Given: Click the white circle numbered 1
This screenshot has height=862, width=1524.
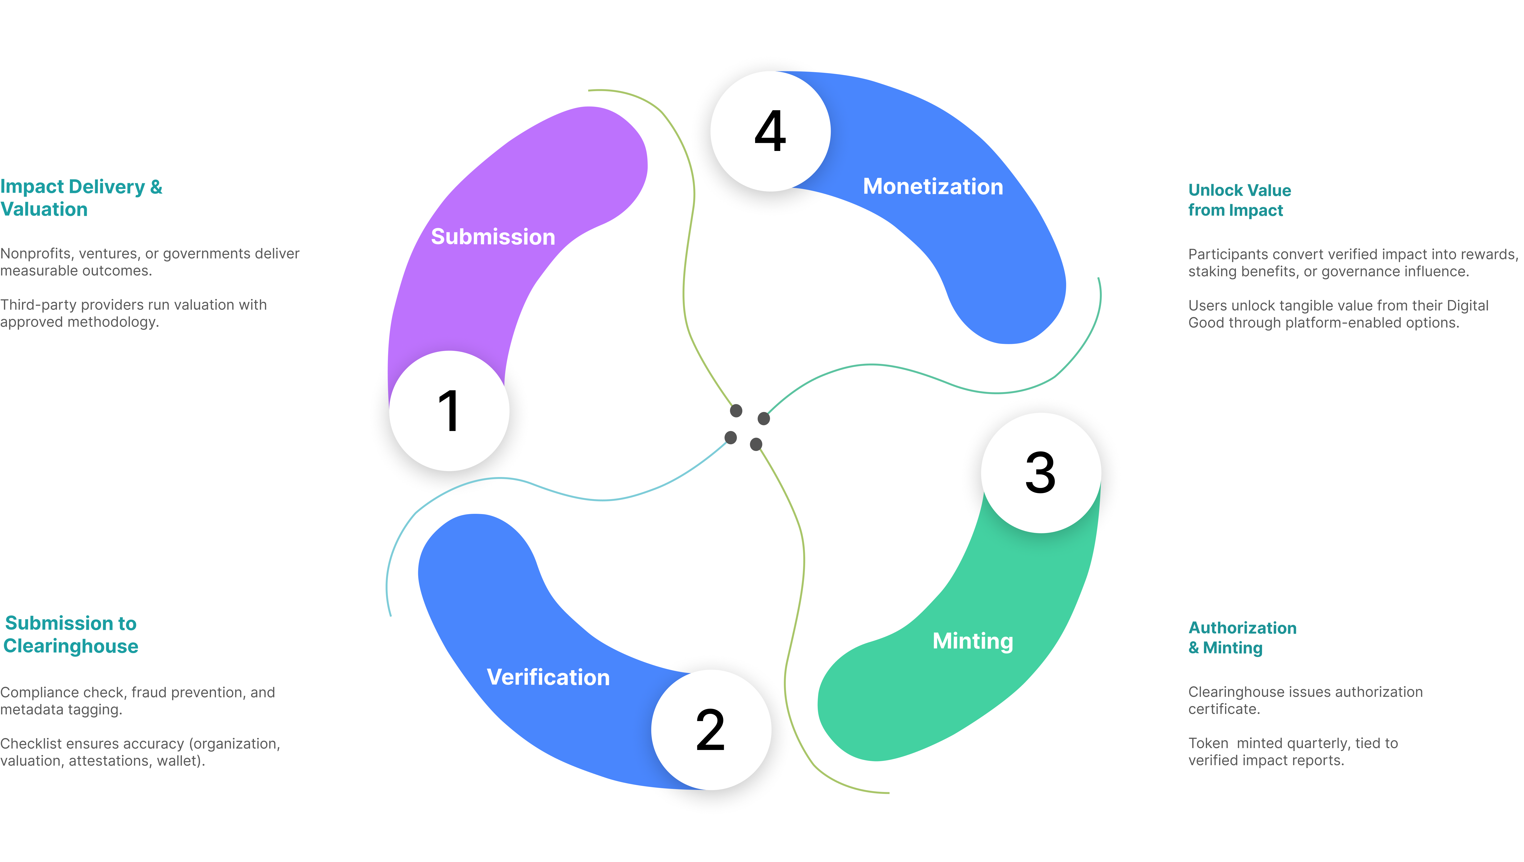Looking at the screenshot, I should click(x=449, y=411).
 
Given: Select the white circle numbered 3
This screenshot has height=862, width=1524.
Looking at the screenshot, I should click(x=1041, y=473).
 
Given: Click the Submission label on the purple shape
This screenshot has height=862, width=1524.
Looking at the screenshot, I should click(x=493, y=237).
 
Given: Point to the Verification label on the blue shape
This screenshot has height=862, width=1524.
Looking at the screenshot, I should click(x=548, y=677).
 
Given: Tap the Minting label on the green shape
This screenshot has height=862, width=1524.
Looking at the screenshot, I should click(x=973, y=641).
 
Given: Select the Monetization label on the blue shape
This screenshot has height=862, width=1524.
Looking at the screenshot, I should click(x=933, y=187).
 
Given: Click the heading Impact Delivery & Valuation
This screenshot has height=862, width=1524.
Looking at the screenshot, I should click(x=81, y=198).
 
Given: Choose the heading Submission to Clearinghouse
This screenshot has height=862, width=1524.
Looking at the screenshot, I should click(x=71, y=635).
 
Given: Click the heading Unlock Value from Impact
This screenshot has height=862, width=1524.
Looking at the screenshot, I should click(x=1239, y=200).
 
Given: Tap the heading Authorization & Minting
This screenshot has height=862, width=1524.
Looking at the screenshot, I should click(x=1242, y=638).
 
